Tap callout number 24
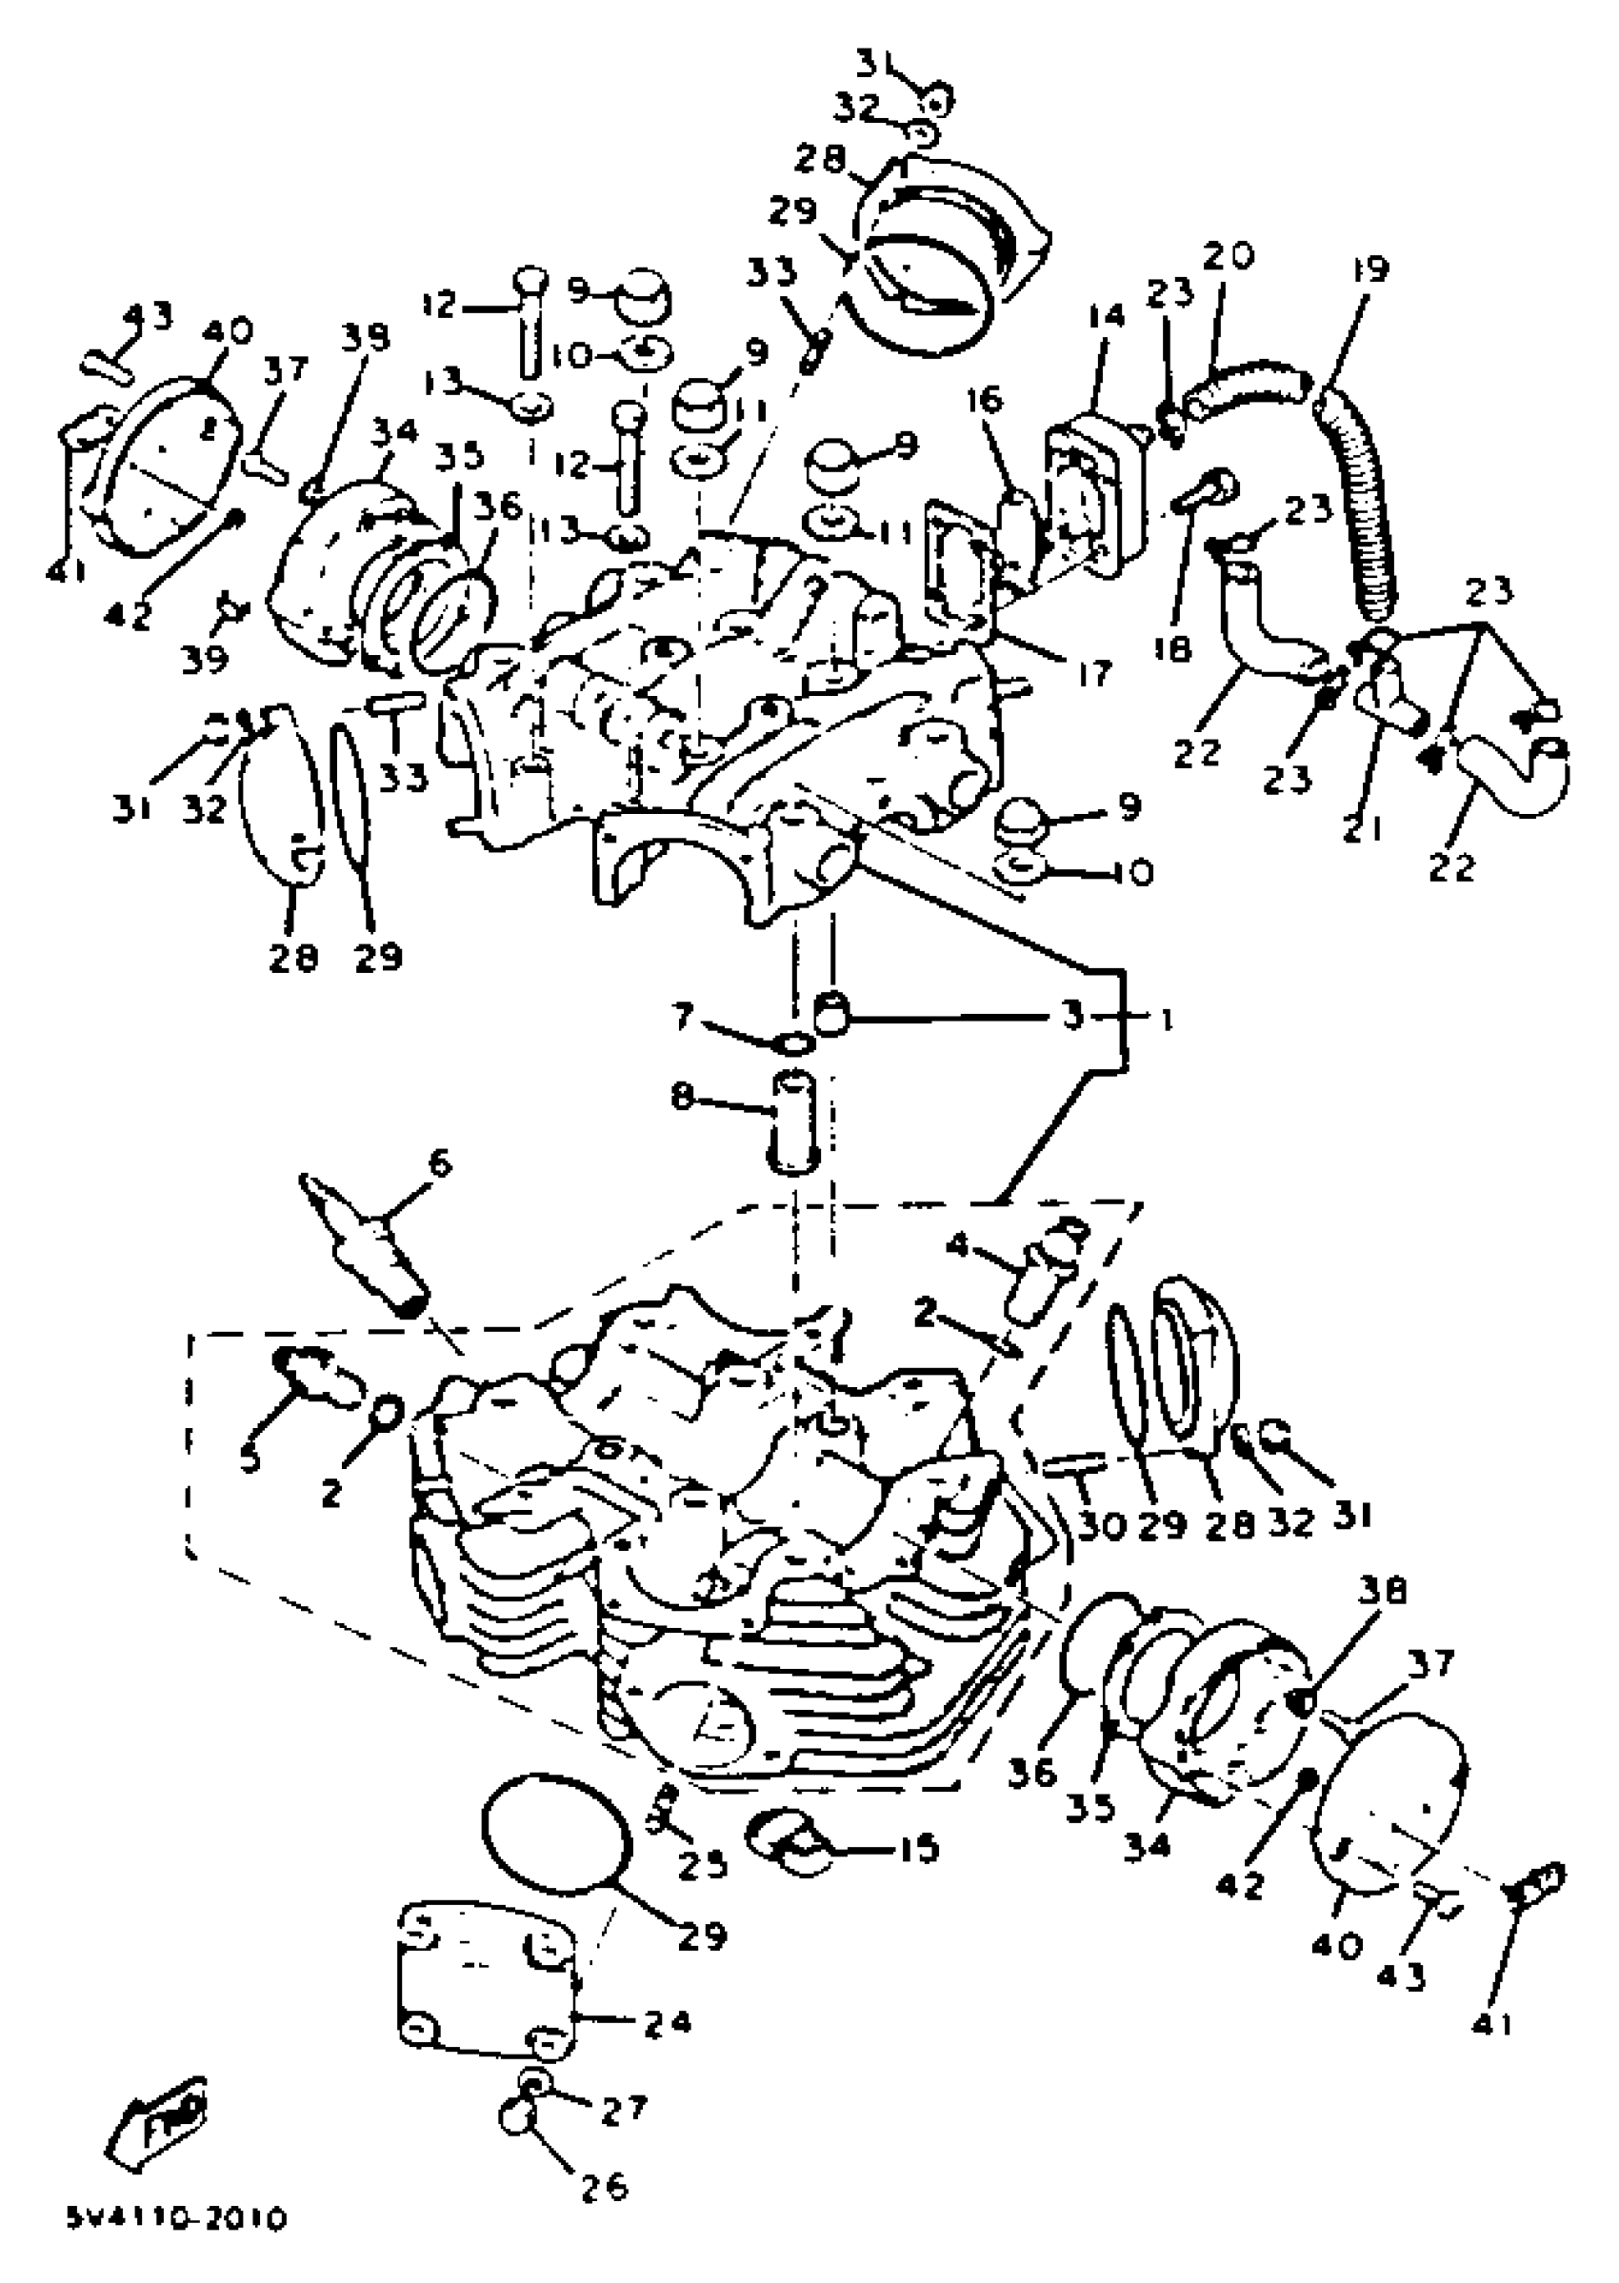pos(665,2022)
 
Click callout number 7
pos(682,1018)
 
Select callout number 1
pos(1165,1020)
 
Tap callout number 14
pos(1106,317)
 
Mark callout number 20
pos(1228,256)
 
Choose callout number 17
pos(1093,675)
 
